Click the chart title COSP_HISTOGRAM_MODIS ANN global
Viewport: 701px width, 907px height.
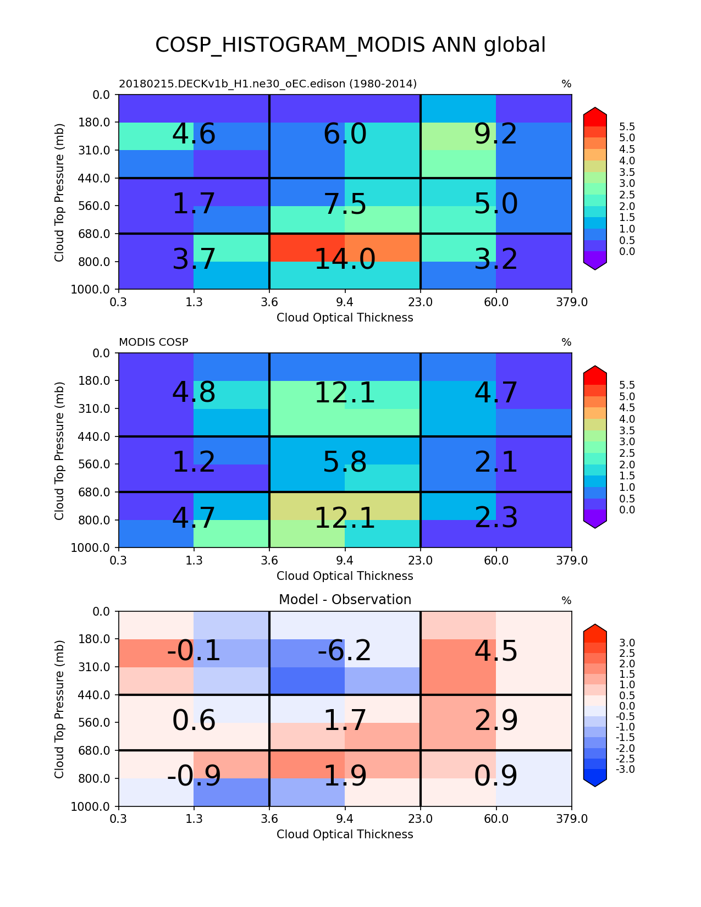[350, 45]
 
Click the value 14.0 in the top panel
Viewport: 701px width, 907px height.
[345, 259]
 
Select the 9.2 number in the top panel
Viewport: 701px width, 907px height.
[495, 134]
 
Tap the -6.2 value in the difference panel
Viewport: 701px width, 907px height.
[345, 651]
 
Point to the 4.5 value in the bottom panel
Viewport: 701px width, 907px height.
[495, 651]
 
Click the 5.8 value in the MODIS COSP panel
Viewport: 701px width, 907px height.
[345, 462]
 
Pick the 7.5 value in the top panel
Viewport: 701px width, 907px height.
[345, 204]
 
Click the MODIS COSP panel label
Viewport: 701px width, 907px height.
[153, 342]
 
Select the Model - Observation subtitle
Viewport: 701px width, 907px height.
[345, 600]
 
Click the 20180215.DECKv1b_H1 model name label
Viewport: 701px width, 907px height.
[268, 84]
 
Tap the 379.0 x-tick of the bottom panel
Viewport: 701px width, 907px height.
[572, 819]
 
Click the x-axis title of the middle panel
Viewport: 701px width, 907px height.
[345, 576]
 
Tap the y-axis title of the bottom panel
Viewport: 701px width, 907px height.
[59, 709]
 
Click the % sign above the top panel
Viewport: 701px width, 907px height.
[566, 84]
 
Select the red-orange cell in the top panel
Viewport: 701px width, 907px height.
[307, 247]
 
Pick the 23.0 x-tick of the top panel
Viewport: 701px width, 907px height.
[421, 302]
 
